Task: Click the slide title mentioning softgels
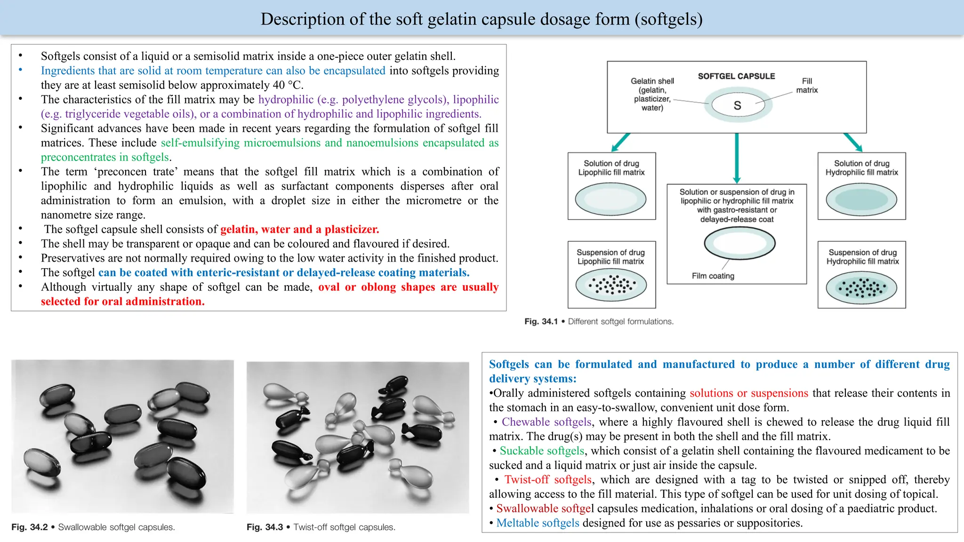(482, 19)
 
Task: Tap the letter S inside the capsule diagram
(737, 105)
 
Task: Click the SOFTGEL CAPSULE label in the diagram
(736, 76)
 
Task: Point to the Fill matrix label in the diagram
(807, 86)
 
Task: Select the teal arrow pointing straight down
(737, 158)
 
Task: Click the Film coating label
(713, 276)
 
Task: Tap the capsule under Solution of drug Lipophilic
(611, 199)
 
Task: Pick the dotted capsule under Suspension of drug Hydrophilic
(861, 287)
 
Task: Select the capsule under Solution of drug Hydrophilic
(861, 199)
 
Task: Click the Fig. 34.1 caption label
(541, 321)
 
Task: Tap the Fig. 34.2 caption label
(29, 527)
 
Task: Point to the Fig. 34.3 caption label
(265, 527)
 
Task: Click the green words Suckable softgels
(542, 451)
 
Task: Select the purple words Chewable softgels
(546, 422)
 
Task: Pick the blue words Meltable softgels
(538, 523)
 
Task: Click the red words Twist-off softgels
(548, 479)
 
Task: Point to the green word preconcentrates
(78, 157)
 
